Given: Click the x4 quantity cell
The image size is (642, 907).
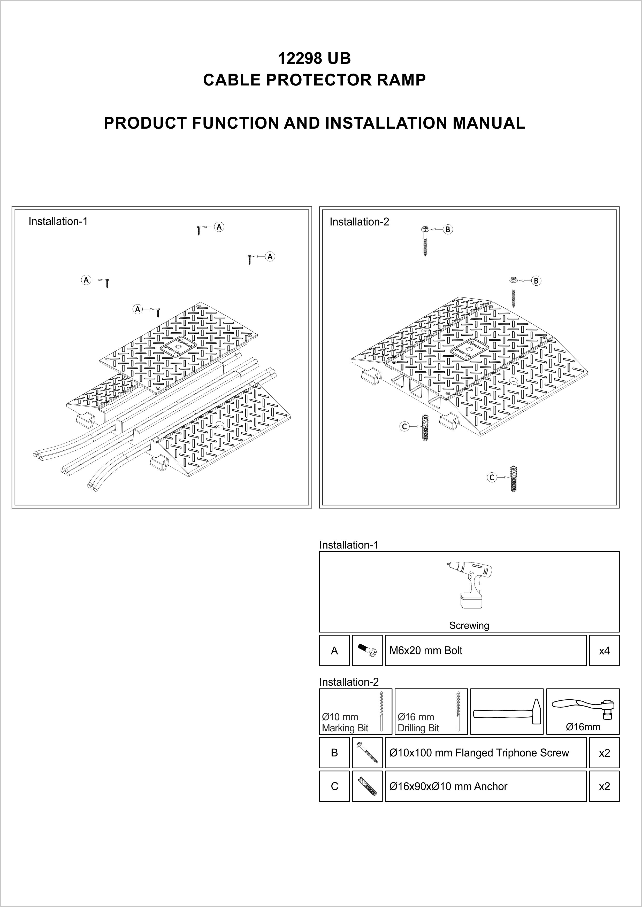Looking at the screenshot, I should (x=604, y=651).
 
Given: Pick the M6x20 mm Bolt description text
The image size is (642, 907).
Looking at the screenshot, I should (x=426, y=651).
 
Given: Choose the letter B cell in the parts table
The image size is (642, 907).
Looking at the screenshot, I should (x=334, y=753).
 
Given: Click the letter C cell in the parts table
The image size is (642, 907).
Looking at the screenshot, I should (x=334, y=786).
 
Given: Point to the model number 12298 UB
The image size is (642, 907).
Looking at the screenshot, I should (x=314, y=58).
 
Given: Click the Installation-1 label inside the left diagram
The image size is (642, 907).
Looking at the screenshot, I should (x=58, y=221).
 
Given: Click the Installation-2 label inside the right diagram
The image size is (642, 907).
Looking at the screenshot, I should (x=359, y=222).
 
